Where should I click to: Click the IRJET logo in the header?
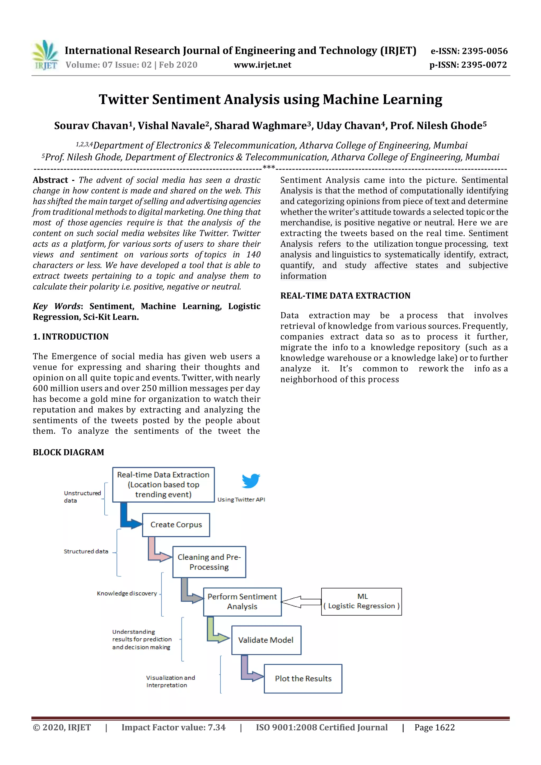[x=45, y=55]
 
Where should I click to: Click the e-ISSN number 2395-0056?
[x=469, y=51]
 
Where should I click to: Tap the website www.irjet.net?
[x=262, y=65]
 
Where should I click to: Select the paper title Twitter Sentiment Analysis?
[x=270, y=99]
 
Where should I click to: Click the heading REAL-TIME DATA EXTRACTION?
[x=345, y=295]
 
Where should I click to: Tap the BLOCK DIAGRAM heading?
[x=68, y=452]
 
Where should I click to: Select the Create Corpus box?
[x=176, y=525]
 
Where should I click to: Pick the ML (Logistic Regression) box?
[x=361, y=601]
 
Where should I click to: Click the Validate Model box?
[x=266, y=640]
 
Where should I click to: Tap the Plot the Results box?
[x=303, y=678]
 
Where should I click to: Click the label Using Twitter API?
[x=241, y=499]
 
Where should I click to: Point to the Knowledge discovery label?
[x=127, y=593]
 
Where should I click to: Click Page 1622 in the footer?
[x=434, y=727]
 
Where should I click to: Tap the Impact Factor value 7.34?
[x=173, y=727]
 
